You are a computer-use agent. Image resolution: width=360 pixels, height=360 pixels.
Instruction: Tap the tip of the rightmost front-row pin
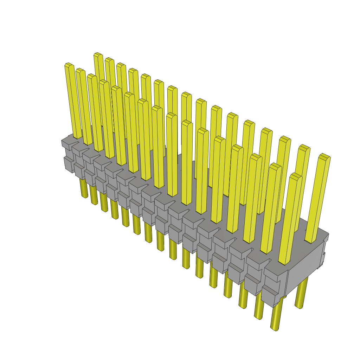296,175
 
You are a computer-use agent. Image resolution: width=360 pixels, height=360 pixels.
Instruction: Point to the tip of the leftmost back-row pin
98,55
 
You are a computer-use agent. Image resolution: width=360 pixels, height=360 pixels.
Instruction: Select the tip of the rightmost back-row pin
324,156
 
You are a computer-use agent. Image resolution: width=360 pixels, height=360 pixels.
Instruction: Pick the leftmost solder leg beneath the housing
84,188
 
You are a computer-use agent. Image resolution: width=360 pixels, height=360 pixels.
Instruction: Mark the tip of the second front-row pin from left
80,70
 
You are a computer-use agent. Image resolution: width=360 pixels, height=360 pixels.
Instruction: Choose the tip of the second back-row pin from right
304,147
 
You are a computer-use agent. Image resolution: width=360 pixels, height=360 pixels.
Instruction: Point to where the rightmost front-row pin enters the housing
284,262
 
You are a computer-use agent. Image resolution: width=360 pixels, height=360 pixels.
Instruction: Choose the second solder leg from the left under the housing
94,196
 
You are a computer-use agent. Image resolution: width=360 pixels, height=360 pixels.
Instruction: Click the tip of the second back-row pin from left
109,60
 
